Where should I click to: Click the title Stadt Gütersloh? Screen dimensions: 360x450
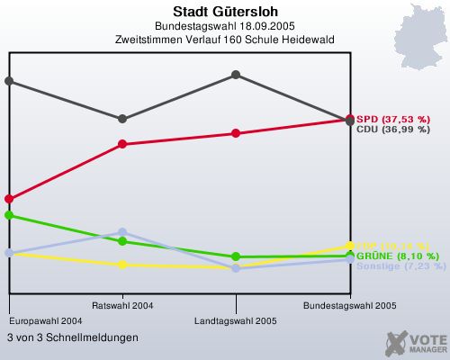point(225,13)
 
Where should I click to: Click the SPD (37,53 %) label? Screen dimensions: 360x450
point(392,119)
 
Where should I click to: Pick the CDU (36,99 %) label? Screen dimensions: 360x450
point(392,130)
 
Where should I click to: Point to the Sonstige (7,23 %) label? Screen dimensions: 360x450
point(400,266)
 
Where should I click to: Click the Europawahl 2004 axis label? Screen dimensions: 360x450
point(46,320)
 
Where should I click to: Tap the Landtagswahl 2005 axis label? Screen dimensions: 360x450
point(236,320)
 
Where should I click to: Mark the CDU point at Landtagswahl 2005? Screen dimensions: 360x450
point(236,74)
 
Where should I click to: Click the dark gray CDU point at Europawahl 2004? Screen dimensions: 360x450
point(9,80)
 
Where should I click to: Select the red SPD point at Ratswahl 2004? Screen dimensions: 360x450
point(122,144)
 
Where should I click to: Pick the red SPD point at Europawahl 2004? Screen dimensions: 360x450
point(9,198)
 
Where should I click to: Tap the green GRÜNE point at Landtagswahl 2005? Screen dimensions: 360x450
point(236,256)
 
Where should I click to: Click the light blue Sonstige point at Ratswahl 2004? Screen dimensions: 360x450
point(122,232)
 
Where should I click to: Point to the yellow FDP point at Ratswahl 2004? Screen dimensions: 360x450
point(122,265)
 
